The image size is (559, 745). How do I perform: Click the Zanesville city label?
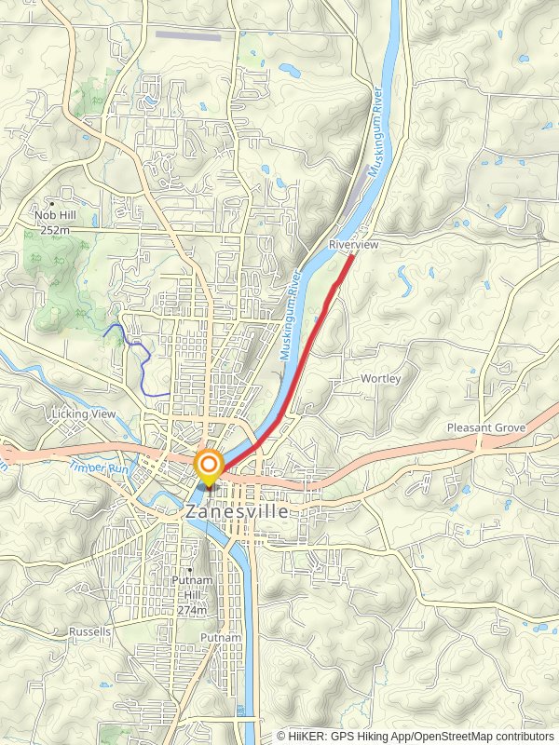coord(237,511)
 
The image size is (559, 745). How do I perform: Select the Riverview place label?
coord(353,244)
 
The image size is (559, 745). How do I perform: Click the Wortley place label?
coord(381,379)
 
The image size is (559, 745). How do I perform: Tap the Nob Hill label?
coord(56,215)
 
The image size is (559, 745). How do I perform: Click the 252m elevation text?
coord(56,229)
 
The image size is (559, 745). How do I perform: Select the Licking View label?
coord(84,413)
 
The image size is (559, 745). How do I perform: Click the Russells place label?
coord(89,630)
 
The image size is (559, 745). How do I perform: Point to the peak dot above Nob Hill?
coord(53,203)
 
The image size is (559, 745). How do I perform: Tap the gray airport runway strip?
coord(188,37)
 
